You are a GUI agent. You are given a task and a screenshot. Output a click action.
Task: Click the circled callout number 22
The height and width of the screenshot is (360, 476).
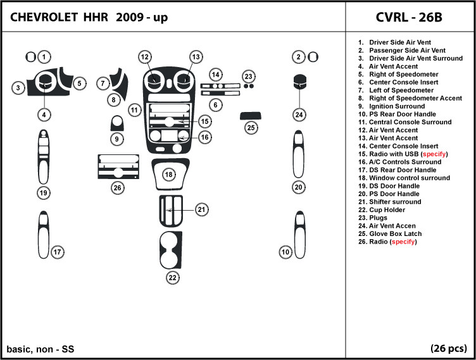(172, 278)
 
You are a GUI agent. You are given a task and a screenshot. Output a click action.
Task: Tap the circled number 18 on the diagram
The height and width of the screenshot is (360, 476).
(169, 175)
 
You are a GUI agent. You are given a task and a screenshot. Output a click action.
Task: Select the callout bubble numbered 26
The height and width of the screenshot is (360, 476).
(118, 188)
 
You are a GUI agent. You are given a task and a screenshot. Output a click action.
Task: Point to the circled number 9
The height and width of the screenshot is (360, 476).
(117, 139)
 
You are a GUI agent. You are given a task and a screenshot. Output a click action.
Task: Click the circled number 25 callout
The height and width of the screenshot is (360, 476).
(251, 128)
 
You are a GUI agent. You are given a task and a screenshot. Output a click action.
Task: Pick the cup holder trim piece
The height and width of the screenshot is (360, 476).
(171, 250)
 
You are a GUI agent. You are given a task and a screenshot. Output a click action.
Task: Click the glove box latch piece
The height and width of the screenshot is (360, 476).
(251, 116)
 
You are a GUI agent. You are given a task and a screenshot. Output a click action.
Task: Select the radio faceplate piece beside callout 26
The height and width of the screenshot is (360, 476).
(118, 166)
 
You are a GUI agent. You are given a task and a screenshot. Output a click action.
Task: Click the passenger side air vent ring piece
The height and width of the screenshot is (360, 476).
(313, 57)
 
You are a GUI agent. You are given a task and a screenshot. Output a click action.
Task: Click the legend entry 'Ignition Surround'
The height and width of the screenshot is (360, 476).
(391, 106)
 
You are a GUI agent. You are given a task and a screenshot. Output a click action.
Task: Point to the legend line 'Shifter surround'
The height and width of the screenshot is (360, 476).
(389, 202)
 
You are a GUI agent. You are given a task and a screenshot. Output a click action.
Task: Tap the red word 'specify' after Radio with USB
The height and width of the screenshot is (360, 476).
(434, 154)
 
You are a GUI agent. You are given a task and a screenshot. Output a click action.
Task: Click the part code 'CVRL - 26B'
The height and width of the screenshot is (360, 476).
(409, 17)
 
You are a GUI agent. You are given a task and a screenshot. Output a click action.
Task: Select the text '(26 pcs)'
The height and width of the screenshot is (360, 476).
(449, 348)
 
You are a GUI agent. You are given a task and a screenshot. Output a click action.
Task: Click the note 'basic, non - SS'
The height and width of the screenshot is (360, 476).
(41, 349)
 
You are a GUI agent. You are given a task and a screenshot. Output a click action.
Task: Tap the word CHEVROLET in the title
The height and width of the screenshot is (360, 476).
(44, 17)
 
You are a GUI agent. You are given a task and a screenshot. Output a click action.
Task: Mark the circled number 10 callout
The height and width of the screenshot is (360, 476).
(285, 252)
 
